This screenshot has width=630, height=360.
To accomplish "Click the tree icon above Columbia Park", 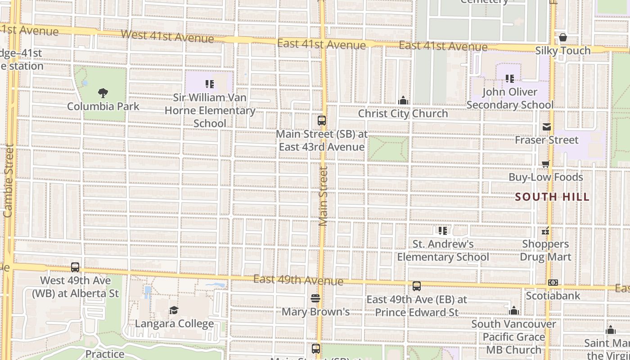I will pyautogui.click(x=103, y=93).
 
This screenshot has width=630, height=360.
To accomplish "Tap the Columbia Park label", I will pyautogui.click(x=103, y=107).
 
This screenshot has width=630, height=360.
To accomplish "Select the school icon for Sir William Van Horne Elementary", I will pyautogui.click(x=209, y=84).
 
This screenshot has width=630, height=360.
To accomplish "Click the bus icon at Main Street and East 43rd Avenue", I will pyautogui.click(x=322, y=120).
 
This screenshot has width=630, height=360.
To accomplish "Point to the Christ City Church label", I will pyautogui.click(x=403, y=113).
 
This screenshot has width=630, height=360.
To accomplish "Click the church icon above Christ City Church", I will pyautogui.click(x=403, y=100).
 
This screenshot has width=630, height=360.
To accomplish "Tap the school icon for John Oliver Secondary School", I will pyautogui.click(x=510, y=79).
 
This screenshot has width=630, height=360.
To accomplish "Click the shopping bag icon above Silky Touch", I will pyautogui.click(x=562, y=37).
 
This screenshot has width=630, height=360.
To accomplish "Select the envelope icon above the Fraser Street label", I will pyautogui.click(x=547, y=127).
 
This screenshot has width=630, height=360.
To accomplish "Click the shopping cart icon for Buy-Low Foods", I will pyautogui.click(x=546, y=164).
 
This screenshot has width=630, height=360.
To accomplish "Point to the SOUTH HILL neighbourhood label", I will pyautogui.click(x=552, y=197).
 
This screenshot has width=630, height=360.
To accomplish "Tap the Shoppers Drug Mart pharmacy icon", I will pyautogui.click(x=545, y=232).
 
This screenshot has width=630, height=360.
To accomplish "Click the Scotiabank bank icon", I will pyautogui.click(x=553, y=283).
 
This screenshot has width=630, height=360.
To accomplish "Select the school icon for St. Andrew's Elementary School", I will pyautogui.click(x=443, y=231).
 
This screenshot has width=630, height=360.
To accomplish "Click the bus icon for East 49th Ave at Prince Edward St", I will pyautogui.click(x=417, y=286).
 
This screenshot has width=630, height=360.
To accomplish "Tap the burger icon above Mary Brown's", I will pyautogui.click(x=315, y=298).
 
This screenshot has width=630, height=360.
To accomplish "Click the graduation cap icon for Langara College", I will pyautogui.click(x=174, y=310).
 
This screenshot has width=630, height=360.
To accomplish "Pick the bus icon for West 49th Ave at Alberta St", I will pyautogui.click(x=75, y=267).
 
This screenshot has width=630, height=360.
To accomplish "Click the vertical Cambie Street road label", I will pyautogui.click(x=8, y=180).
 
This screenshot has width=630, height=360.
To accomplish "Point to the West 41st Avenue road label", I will pyautogui.click(x=167, y=36).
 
